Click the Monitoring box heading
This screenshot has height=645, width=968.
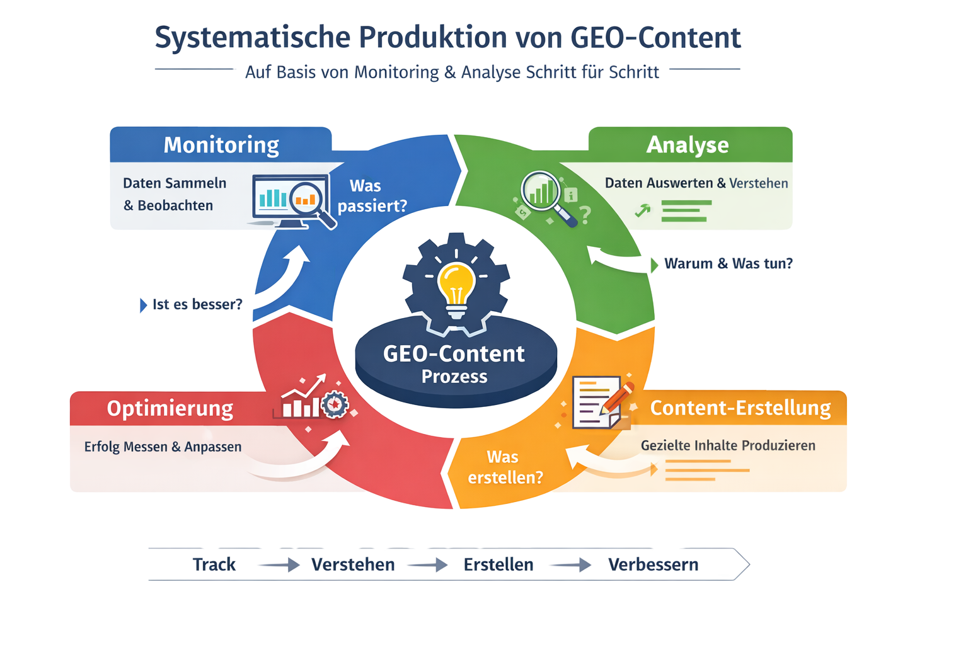[x=221, y=145]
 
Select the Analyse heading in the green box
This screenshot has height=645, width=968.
[x=688, y=145]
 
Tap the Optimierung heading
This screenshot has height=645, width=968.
[x=170, y=408]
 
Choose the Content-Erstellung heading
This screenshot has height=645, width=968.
[x=740, y=408]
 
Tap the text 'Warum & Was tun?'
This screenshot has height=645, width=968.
[x=728, y=263]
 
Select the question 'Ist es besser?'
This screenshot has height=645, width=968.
[x=197, y=305]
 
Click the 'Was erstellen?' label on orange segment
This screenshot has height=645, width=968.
[x=504, y=467]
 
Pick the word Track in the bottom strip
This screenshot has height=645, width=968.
[x=214, y=564]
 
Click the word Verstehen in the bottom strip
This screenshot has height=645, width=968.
[x=353, y=564]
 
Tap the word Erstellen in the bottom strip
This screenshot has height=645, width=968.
[x=498, y=564]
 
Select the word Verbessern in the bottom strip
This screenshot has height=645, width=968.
[x=654, y=564]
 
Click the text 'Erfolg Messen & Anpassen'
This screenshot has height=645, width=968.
[x=163, y=447]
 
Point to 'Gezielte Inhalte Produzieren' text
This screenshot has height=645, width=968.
[x=728, y=445]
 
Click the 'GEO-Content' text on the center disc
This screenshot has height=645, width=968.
[x=454, y=354]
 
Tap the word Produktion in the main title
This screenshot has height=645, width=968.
[x=433, y=38]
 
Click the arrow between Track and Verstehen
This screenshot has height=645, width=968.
[x=278, y=565]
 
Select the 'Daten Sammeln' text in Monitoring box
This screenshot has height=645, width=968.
[x=175, y=183]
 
